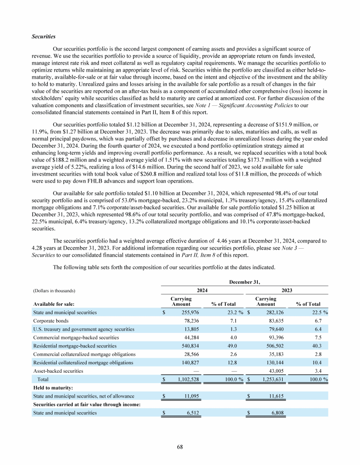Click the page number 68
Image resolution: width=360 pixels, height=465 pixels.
180,447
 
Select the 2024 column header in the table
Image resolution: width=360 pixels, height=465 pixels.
202,290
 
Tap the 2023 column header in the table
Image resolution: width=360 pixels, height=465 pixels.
287,290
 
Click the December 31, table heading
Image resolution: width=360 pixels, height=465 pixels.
245,282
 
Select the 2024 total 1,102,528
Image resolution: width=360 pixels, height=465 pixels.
186,379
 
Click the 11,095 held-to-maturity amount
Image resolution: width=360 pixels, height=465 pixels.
191,396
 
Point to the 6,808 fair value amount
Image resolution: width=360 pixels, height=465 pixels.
276,413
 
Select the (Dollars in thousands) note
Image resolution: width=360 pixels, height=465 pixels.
54,291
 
